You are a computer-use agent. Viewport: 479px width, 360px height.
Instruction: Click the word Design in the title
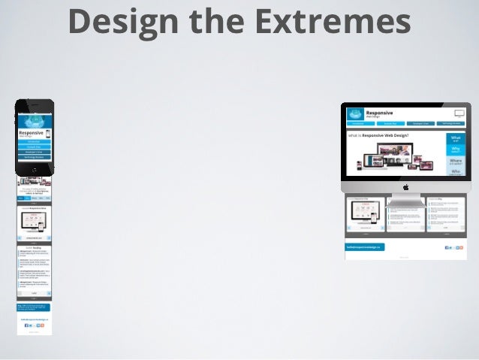coord(120,21)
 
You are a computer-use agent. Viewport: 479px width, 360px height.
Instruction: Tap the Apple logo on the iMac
coord(405,186)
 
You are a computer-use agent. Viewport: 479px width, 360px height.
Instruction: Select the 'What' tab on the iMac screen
coord(456,138)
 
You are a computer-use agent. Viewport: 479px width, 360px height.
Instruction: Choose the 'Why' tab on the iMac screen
coord(456,150)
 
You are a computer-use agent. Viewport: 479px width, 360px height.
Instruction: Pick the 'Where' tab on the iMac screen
coord(456,162)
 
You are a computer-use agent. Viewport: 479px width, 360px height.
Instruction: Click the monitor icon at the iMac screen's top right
coord(459,113)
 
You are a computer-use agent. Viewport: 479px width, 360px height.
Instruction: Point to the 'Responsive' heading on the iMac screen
coord(380,110)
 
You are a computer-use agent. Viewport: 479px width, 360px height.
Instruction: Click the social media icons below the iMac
coord(454,247)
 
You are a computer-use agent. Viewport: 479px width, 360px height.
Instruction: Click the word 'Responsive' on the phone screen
coord(31,132)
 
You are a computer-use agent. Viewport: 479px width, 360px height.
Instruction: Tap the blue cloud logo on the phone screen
coord(35,120)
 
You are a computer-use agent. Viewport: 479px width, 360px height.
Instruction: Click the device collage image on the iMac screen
coord(395,159)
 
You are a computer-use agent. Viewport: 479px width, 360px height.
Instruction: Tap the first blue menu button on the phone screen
coord(35,141)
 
